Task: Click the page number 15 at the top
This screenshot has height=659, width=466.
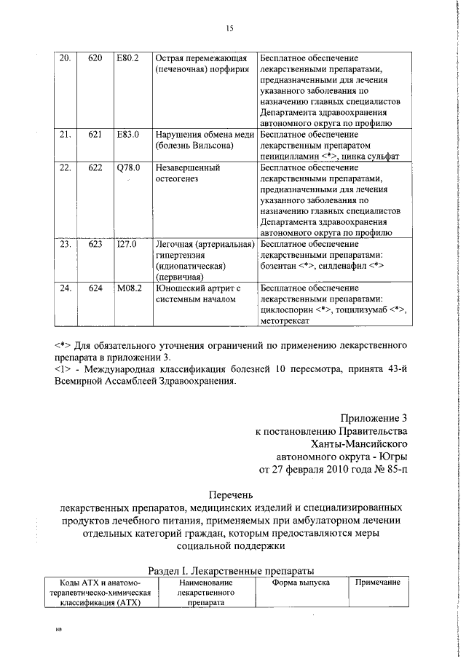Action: pos(229,28)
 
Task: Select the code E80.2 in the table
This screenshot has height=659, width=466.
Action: pos(127,58)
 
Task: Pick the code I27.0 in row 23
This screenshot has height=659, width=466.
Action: pos(127,244)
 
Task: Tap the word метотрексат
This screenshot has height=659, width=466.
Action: pos(285,320)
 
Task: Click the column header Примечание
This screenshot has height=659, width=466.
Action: pos(377,583)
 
